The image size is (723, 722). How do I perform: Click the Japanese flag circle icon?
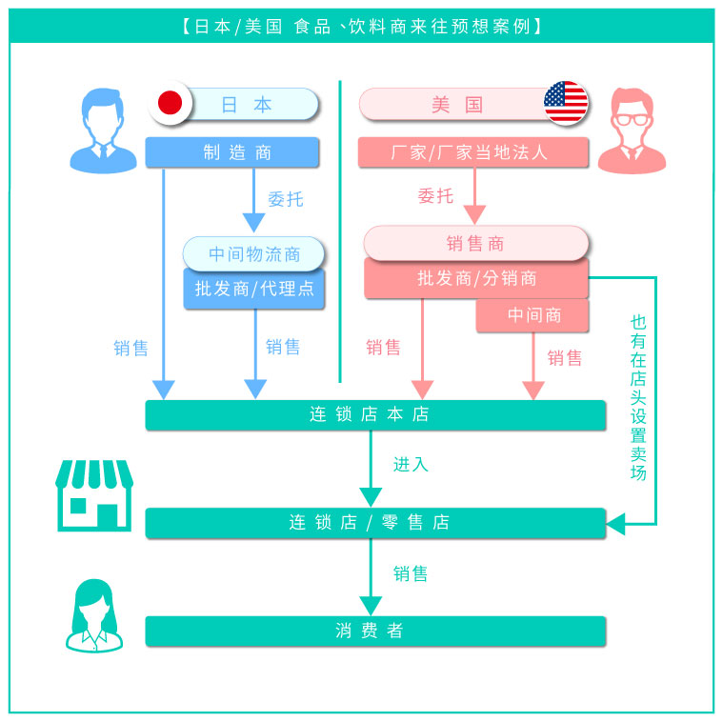(171, 104)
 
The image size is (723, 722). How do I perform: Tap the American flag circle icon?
(566, 104)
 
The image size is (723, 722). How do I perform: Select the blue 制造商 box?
(231, 152)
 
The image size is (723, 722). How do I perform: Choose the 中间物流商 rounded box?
(253, 254)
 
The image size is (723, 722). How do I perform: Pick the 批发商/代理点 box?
(253, 289)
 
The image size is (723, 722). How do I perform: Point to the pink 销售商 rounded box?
(475, 243)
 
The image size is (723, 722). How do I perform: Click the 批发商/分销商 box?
(475, 278)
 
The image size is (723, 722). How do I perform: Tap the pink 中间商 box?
(532, 315)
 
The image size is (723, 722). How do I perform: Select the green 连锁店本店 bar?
(374, 415)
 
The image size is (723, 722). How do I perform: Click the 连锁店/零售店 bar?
(374, 523)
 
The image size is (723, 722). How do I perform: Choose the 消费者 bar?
(374, 631)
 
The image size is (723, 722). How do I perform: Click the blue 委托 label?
(285, 199)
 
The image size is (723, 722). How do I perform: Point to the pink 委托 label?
(435, 196)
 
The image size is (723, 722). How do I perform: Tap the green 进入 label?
(411, 465)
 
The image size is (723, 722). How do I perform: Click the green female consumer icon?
(94, 616)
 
